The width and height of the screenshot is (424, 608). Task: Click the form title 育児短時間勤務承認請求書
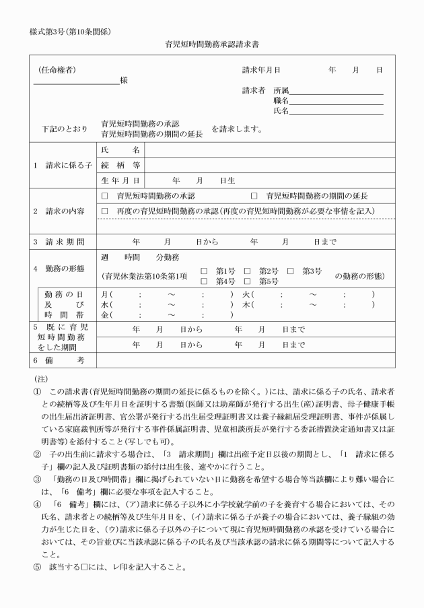213,45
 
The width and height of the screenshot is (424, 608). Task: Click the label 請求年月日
261,70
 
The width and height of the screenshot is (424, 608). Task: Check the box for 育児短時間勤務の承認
104,196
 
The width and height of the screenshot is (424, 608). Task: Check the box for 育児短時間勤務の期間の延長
254,196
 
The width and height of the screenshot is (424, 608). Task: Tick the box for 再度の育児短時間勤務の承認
104,211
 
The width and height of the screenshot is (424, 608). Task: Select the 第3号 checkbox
291,271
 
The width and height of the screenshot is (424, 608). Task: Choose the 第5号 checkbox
248,281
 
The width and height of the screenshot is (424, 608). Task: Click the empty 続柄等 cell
269,165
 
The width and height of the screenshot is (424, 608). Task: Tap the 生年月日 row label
120,180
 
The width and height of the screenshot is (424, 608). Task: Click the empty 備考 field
246,362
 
